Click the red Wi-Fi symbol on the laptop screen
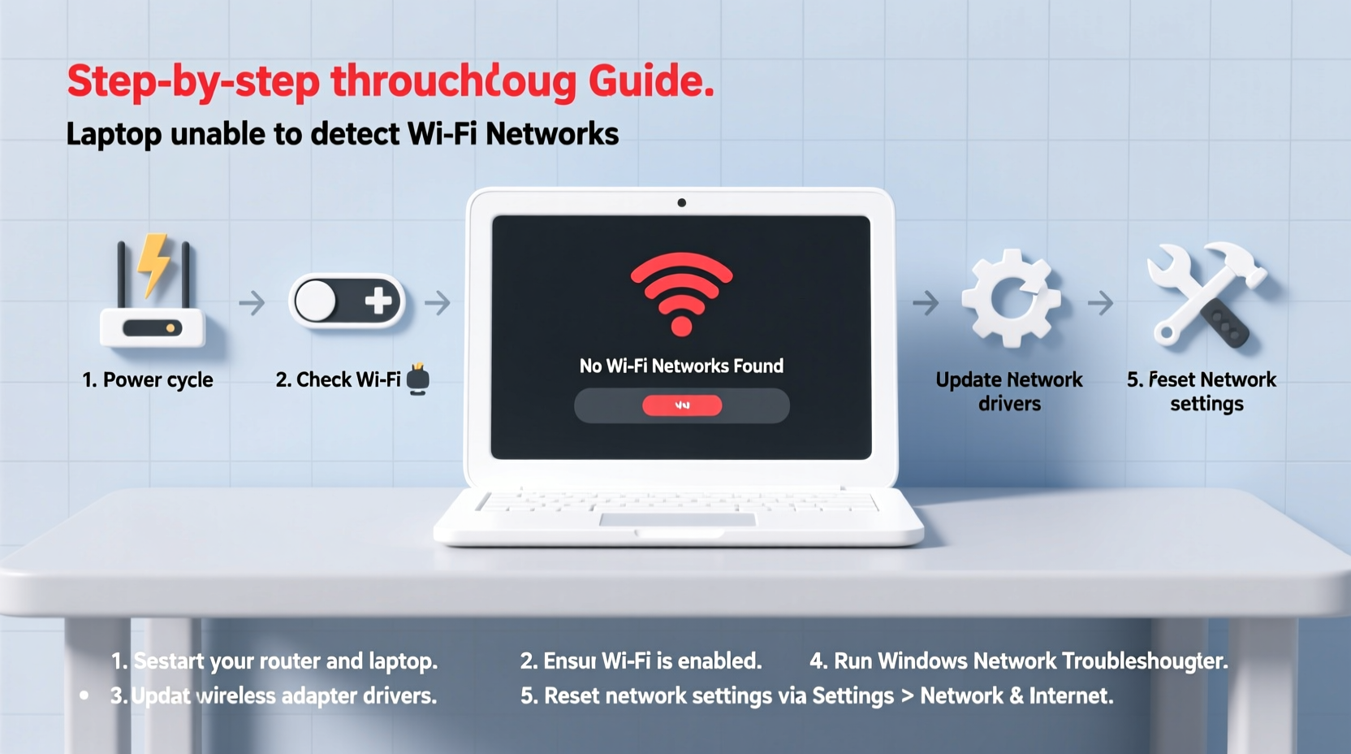pyautogui.click(x=681, y=292)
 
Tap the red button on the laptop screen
pyautogui.click(x=681, y=405)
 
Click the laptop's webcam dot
pyautogui.click(x=681, y=203)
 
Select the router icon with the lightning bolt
pyautogui.click(x=153, y=301)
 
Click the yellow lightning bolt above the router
pyautogui.click(x=153, y=262)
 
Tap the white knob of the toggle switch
pyautogui.click(x=316, y=302)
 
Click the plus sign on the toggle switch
pyautogui.click(x=378, y=302)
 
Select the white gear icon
pyautogui.click(x=1010, y=298)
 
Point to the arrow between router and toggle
pyautogui.click(x=252, y=303)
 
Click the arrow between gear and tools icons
pyautogui.click(x=1100, y=303)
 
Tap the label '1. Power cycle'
pyautogui.click(x=148, y=379)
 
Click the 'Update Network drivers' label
pyautogui.click(x=1009, y=391)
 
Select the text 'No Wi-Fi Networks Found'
pyautogui.click(x=681, y=366)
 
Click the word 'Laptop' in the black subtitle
pyautogui.click(x=114, y=134)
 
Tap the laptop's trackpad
pyautogui.click(x=677, y=519)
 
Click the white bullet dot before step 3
pyautogui.click(x=84, y=695)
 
